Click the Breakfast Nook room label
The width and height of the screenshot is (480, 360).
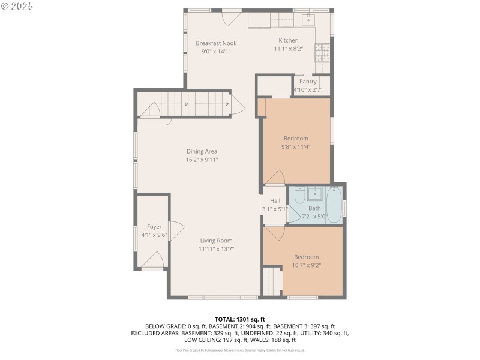click(216, 43)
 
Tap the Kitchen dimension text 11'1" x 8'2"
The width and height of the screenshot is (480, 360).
click(288, 49)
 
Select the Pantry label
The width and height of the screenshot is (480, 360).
click(308, 82)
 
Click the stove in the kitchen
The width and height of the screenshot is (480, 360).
click(321, 53)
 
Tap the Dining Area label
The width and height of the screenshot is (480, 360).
click(202, 151)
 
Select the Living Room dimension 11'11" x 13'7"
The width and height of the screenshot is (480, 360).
click(217, 249)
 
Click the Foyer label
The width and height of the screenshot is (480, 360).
click(154, 226)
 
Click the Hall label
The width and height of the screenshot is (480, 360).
click(275, 200)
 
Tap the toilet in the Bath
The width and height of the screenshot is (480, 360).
click(297, 196)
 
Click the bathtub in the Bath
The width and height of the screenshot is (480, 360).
click(334, 205)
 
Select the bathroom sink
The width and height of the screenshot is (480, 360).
click(314, 193)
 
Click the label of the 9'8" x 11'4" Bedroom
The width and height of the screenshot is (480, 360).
click(296, 138)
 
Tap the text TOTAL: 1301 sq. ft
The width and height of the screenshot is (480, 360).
click(239, 319)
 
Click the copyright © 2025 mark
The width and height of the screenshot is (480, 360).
click(17, 6)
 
